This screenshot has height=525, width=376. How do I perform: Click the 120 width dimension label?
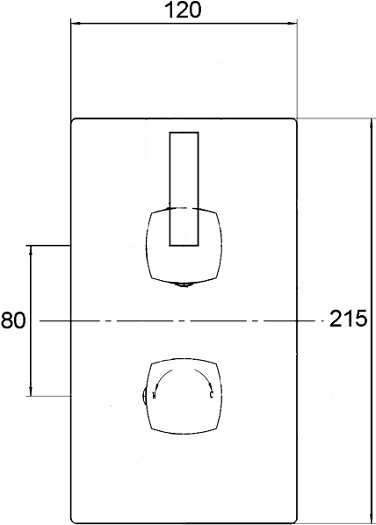click(183, 11)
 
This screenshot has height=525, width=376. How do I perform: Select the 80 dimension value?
click(13, 320)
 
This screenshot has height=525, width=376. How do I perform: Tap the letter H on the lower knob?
click(155, 397)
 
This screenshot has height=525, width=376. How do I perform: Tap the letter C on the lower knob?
click(212, 397)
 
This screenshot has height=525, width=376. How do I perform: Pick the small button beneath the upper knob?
click(184, 284)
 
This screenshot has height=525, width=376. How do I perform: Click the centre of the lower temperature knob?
click(184, 395)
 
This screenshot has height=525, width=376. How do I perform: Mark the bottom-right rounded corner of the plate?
click(293, 519)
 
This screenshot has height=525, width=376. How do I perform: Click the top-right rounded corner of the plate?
click(293, 122)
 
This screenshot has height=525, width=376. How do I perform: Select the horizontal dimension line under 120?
click(183, 26)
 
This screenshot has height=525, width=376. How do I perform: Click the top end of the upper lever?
click(184, 133)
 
